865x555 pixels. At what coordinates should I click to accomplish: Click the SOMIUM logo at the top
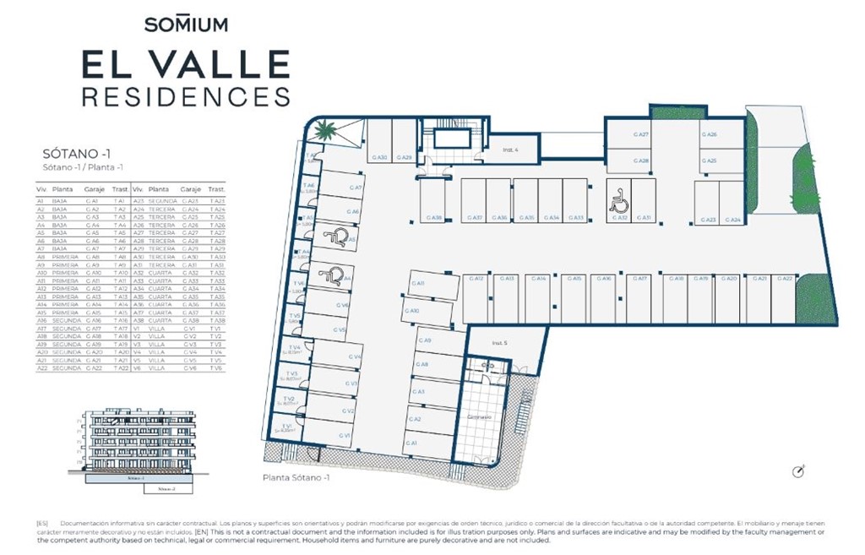(x=186, y=24)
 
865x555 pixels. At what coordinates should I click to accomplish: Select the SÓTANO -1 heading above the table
(x=77, y=155)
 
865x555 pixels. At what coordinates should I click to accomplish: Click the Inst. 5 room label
(x=499, y=343)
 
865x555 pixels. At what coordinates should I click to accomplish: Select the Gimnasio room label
(x=480, y=417)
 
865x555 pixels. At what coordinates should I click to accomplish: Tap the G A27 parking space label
(x=641, y=135)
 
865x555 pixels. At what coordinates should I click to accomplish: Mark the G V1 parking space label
(x=345, y=435)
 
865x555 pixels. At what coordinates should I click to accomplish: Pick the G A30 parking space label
(x=379, y=157)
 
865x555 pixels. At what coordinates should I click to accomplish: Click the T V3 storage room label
(x=292, y=374)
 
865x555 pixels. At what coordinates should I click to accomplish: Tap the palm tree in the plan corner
(x=327, y=132)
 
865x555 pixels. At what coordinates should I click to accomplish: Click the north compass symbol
(x=798, y=471)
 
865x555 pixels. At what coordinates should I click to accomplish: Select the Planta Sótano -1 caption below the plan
(x=296, y=478)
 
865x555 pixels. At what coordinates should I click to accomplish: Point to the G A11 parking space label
(x=419, y=283)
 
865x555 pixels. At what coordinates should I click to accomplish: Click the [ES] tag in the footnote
(x=41, y=523)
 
